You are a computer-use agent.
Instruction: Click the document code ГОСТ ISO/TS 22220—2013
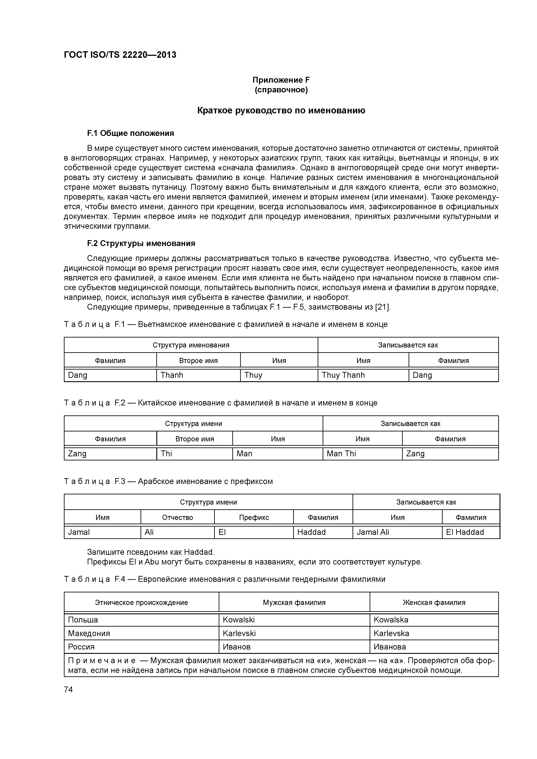coord(120,55)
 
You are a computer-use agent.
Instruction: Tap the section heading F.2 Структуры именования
coord(141,243)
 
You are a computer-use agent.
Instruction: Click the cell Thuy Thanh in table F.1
coord(343,375)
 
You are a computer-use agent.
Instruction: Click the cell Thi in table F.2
coord(167,453)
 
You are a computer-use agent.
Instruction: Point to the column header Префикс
coord(254,517)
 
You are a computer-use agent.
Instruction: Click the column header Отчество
coord(177,517)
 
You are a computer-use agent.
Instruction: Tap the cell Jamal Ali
coord(373,532)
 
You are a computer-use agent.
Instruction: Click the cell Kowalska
coord(391,620)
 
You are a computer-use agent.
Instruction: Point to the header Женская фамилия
coord(434,602)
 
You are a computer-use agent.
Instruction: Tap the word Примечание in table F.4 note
coord(102,661)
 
